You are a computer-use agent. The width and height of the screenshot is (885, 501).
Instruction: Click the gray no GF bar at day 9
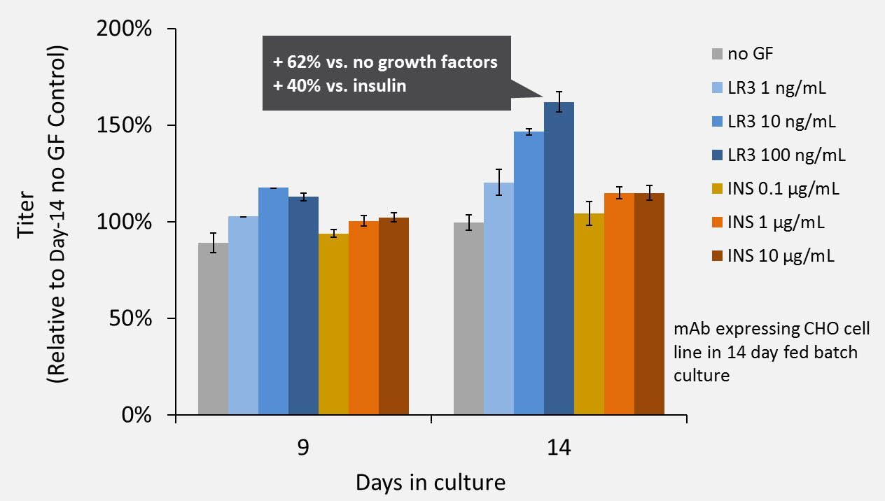click(214, 329)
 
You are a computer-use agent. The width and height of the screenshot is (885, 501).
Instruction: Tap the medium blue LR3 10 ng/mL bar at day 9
click(273, 301)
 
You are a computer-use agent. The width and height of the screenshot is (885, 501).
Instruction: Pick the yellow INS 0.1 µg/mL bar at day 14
click(589, 314)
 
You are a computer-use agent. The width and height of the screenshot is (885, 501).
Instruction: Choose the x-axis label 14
click(559, 448)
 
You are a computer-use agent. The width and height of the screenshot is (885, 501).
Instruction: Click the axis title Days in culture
click(431, 483)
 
